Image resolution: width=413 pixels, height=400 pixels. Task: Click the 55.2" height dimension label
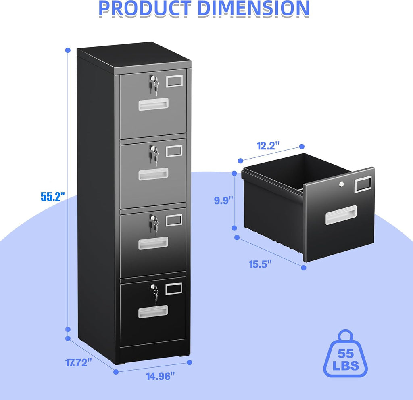(53, 197)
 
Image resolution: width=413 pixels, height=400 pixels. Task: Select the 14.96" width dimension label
(160, 376)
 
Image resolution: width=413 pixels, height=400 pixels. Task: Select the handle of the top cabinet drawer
(153, 104)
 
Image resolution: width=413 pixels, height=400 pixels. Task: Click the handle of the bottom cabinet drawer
(153, 311)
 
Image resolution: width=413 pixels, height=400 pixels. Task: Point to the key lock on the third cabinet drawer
(154, 220)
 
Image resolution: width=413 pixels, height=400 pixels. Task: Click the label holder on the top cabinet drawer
(175, 81)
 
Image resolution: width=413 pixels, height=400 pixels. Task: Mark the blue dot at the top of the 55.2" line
(68, 50)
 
